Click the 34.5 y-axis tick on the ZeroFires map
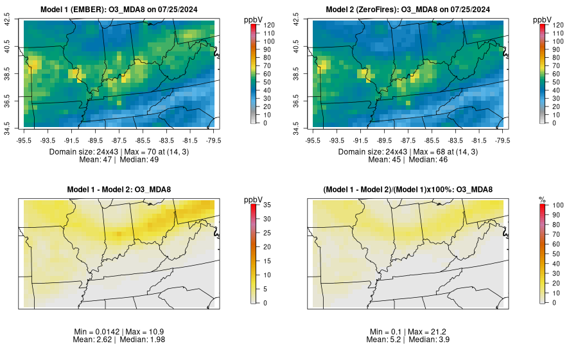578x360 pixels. point(296,124)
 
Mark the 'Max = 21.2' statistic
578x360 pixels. point(429,331)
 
